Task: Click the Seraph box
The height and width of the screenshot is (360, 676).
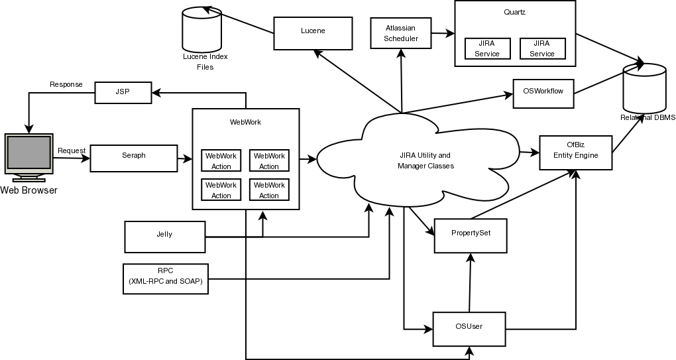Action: pyautogui.click(x=134, y=158)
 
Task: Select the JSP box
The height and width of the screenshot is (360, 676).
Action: pyautogui.click(x=123, y=92)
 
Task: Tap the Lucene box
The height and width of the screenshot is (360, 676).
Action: pyautogui.click(x=313, y=33)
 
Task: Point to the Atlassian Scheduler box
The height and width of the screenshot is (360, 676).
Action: pyautogui.click(x=401, y=33)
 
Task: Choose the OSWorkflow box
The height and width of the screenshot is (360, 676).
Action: pyautogui.click(x=543, y=93)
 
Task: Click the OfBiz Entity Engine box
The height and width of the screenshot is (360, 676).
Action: pyautogui.click(x=576, y=152)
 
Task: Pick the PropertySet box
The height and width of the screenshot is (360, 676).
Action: pyautogui.click(x=471, y=235)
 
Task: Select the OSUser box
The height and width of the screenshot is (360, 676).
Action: pyautogui.click(x=469, y=329)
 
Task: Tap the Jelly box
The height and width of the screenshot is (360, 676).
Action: pyautogui.click(x=164, y=237)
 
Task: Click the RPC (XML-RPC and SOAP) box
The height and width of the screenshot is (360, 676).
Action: pyautogui.click(x=166, y=278)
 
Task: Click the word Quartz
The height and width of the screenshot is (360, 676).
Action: pyautogui.click(x=515, y=12)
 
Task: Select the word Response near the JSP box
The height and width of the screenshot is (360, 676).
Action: pyautogui.click(x=66, y=84)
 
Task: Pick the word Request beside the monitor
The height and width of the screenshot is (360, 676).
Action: pyautogui.click(x=72, y=150)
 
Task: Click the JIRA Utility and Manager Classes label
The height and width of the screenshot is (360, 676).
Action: pyautogui.click(x=425, y=160)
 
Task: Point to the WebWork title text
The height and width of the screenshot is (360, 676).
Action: pyautogui.click(x=245, y=122)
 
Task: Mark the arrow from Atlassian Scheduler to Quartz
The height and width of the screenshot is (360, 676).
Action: pyautogui.click(x=443, y=32)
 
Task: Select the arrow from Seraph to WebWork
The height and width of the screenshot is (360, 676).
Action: pyautogui.click(x=185, y=159)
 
